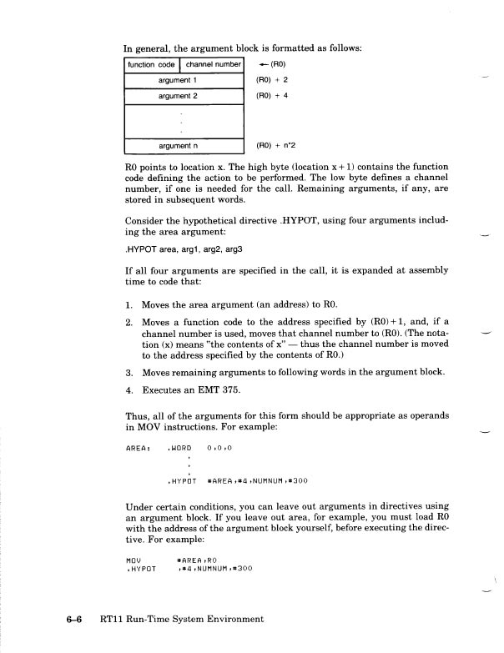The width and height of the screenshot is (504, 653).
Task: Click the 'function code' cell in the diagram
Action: (151, 64)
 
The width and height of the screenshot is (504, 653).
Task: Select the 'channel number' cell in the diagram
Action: (212, 64)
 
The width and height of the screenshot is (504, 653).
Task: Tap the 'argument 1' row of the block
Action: (183, 80)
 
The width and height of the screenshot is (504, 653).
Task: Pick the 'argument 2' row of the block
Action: (183, 97)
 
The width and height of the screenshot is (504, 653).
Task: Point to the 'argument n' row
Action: (183, 146)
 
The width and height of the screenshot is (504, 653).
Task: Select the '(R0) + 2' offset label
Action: (271, 80)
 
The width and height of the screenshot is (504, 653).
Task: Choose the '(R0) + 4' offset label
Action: (271, 97)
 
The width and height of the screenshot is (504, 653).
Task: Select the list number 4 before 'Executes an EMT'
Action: (129, 389)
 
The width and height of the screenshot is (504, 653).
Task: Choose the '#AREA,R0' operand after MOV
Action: (197, 560)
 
